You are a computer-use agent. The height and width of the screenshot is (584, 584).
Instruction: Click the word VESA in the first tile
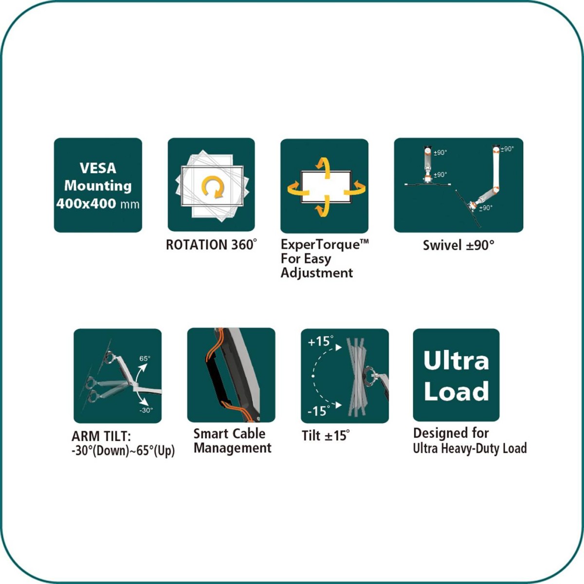(x=98, y=168)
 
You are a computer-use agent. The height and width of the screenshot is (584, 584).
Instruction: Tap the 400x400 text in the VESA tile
(x=86, y=203)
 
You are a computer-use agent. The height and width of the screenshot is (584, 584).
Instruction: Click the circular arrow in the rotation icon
(x=213, y=187)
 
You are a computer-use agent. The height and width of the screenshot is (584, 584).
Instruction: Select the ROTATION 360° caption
(x=212, y=245)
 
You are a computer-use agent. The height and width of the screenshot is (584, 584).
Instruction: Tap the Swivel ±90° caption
(x=458, y=245)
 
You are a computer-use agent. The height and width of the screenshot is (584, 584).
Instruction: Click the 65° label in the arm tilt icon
(x=145, y=359)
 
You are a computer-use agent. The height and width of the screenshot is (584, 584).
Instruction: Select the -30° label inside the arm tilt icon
(x=146, y=410)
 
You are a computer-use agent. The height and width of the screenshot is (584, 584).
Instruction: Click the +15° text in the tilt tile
(x=321, y=342)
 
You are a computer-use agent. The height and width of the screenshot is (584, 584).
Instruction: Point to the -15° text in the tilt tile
(x=319, y=411)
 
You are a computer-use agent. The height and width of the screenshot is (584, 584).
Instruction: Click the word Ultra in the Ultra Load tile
(x=456, y=360)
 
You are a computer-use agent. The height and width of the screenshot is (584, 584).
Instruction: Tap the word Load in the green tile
(x=456, y=391)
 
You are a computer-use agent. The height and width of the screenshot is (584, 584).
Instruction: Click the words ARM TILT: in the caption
(x=101, y=437)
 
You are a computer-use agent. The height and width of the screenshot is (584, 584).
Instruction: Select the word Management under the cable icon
(x=233, y=448)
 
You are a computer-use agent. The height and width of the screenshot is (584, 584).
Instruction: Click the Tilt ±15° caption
(x=326, y=436)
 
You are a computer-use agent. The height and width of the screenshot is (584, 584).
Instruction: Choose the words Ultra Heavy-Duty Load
(x=470, y=448)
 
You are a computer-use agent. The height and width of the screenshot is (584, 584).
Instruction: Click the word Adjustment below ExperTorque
(x=317, y=273)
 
